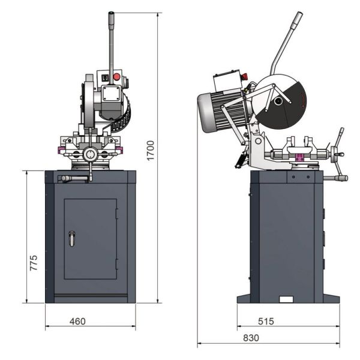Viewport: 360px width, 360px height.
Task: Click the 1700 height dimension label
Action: click(x=151, y=150)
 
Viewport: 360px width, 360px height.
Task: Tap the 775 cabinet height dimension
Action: click(x=34, y=263)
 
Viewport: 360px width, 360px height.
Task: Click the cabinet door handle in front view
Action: click(x=71, y=238)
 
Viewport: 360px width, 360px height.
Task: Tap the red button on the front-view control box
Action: click(x=116, y=77)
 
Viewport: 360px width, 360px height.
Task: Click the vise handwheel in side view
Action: click(x=340, y=144)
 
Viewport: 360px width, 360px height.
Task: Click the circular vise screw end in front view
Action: click(x=90, y=155)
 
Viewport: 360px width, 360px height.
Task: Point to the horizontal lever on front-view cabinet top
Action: click(x=72, y=178)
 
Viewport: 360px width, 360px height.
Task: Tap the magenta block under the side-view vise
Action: click(x=298, y=158)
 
